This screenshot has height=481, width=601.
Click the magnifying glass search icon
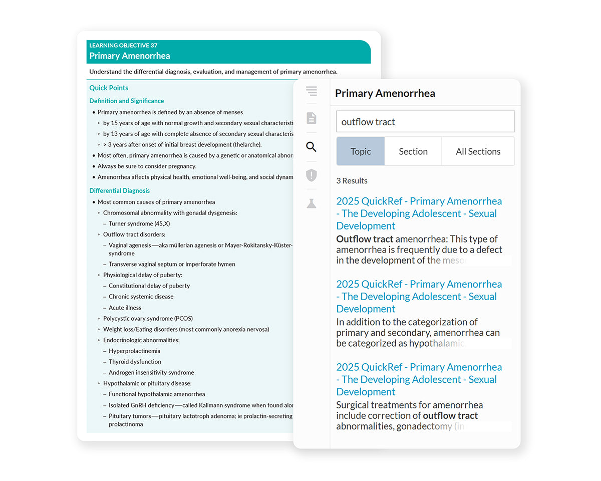click(312, 147)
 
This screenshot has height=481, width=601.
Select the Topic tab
click(361, 151)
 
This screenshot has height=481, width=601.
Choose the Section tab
click(413, 151)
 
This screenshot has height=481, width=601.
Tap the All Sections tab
click(478, 151)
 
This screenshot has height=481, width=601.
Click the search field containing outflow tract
click(425, 122)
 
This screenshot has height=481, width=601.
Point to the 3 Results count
click(352, 181)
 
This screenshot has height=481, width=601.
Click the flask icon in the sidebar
click(312, 203)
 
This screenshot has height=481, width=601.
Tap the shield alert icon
click(312, 175)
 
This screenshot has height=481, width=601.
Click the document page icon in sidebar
click(312, 118)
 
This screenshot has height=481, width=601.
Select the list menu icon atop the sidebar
click(312, 91)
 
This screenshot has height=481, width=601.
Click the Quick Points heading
click(109, 88)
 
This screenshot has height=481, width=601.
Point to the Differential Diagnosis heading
click(119, 190)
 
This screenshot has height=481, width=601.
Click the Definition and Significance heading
click(126, 101)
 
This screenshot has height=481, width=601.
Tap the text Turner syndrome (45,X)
click(139, 223)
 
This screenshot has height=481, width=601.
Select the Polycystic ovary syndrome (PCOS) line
click(148, 319)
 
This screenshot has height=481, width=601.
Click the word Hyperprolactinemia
click(134, 351)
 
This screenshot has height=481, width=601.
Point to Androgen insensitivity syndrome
click(151, 372)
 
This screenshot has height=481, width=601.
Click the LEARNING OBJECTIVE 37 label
click(123, 46)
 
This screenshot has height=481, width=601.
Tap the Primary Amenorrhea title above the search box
click(385, 93)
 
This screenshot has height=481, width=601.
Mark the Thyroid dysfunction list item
click(135, 362)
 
